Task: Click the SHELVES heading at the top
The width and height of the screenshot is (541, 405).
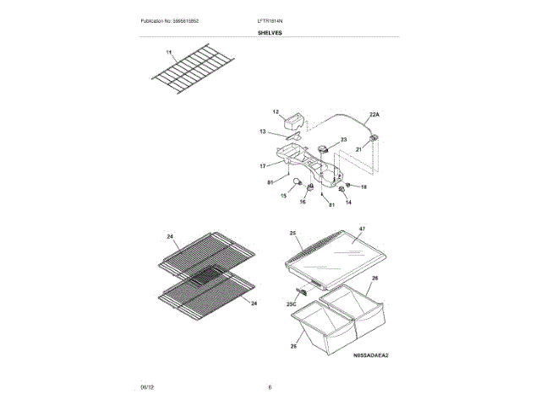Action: tap(270, 33)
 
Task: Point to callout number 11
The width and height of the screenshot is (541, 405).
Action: tap(168, 53)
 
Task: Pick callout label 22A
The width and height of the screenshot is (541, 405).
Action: tap(374, 114)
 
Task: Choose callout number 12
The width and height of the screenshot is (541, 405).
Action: tap(276, 111)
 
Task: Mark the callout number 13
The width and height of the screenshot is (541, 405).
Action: tap(263, 132)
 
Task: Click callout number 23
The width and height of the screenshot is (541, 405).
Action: tap(343, 139)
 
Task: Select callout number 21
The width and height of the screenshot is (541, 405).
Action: tap(358, 148)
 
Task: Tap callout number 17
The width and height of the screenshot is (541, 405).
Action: tap(263, 165)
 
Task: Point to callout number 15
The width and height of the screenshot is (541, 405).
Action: tap(283, 195)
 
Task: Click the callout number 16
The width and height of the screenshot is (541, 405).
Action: tap(302, 202)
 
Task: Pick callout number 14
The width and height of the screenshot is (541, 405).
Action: tap(347, 202)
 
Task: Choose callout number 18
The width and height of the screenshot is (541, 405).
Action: tap(364, 186)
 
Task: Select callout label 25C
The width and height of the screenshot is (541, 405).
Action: tap(291, 303)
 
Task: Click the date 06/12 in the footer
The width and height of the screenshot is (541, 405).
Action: tap(146, 386)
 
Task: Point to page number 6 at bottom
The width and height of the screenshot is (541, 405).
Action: tap(270, 386)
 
